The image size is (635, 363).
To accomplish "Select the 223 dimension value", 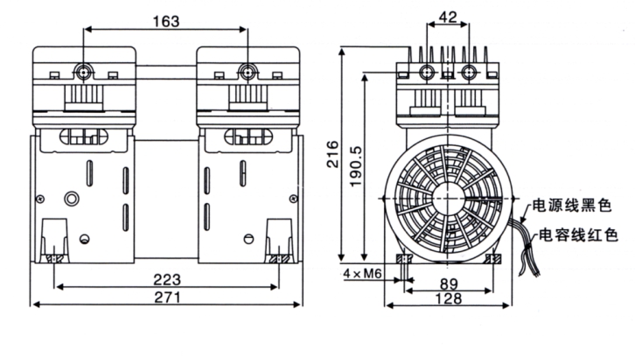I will [166, 280].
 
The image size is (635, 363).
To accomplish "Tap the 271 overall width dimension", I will [166, 298].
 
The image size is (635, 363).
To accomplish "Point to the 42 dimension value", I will [449, 17].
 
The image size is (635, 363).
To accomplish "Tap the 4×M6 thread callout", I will [363, 273].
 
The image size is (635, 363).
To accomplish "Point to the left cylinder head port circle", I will [85, 69].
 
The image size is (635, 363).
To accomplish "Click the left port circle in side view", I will [429, 70].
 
